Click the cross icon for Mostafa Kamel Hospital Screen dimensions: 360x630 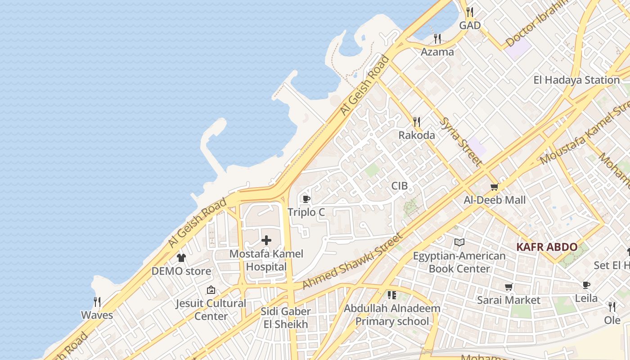coord(266,240)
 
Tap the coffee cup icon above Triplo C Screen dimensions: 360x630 coord(306,199)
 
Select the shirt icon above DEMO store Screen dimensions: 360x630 coord(181,258)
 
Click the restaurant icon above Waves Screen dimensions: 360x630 coord(97,301)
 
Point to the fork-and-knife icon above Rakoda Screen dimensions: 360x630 coord(417,121)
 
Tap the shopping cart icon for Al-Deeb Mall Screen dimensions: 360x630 coord(495,187)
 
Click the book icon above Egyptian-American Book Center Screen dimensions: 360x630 coord(459,243)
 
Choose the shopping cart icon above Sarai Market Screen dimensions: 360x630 coord(509,287)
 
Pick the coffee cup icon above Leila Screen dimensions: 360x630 coord(586,285)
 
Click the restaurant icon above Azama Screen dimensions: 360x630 coord(437,38)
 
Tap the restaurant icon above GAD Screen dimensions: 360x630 coord(470,12)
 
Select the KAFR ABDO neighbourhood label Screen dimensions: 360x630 coord(547,247)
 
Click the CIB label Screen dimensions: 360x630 coord(399,186)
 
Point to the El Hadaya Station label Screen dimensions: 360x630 coord(576,80)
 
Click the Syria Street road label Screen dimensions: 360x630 coord(461,141)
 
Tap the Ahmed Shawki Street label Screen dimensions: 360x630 coord(351,261)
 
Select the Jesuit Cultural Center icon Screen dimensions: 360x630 coord(211,290)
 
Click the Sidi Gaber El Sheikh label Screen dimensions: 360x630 coord(286,318)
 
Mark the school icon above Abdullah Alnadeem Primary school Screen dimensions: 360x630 coord(391,295)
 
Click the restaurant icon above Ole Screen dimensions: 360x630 coord(612,307)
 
